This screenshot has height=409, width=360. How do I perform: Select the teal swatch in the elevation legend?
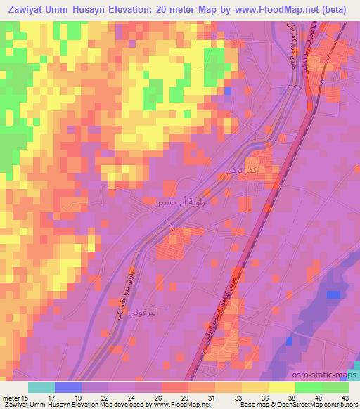[x=41, y=387]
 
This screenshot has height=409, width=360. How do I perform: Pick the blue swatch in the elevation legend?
[x=67, y=387]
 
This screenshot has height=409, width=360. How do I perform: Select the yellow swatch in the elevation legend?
[x=282, y=387]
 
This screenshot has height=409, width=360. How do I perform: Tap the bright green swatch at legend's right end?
[x=335, y=387]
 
